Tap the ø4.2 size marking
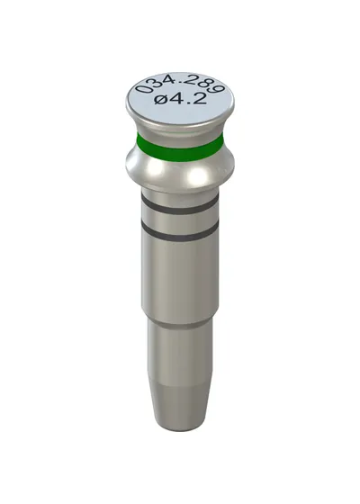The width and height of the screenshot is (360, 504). (180, 99)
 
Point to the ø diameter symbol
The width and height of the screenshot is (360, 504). (161, 100)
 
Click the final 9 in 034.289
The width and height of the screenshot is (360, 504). (220, 87)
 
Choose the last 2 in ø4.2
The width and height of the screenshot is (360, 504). (199, 98)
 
